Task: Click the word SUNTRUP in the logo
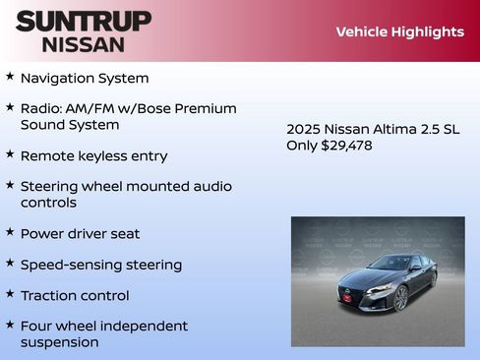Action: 84,21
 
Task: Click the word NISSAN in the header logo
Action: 84,43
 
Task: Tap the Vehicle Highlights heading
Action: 399,31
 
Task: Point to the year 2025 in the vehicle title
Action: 303,129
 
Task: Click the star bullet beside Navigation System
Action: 10,77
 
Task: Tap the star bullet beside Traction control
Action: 10,294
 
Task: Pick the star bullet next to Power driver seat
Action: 10,232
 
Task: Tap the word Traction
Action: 48,295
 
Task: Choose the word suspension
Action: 59,342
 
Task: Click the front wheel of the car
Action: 400,298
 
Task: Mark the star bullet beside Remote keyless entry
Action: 10,154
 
